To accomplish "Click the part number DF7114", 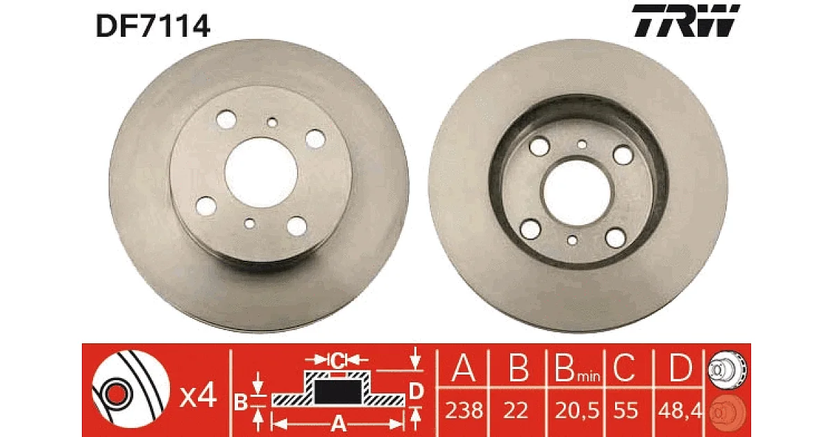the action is click(153, 26).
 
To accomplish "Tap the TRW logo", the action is click(686, 20).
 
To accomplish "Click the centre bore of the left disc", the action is click(261, 173).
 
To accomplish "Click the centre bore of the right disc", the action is click(576, 193).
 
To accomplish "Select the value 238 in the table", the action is click(464, 411).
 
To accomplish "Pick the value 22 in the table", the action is click(516, 411).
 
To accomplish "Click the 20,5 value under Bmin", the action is click(577, 411).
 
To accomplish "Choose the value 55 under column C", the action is click(625, 411).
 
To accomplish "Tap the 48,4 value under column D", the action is click(680, 411).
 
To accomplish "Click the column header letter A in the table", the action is click(464, 368).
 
